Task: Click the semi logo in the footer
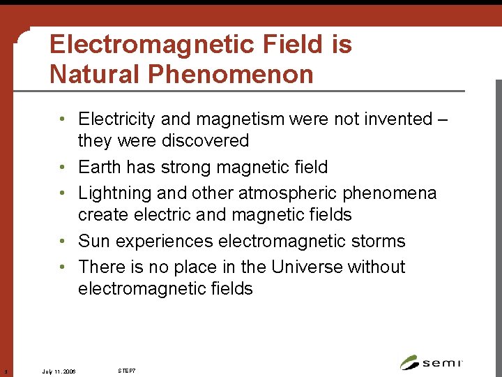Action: tap(432, 362)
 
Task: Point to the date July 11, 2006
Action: tap(59, 371)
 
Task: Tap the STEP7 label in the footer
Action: tap(126, 370)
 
